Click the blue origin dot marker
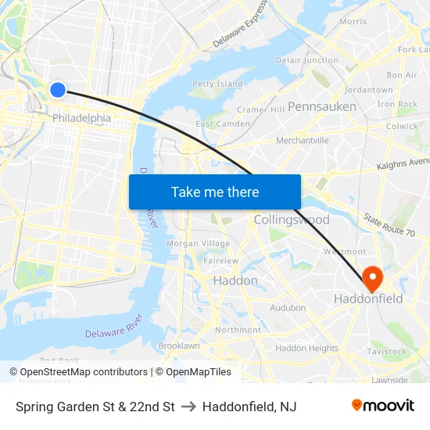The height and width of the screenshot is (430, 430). pyautogui.click(x=57, y=90)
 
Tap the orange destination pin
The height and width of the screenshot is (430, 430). pyautogui.click(x=371, y=276)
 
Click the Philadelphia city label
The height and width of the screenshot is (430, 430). pyautogui.click(x=81, y=118)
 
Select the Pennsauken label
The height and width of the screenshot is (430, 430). pyautogui.click(x=322, y=106)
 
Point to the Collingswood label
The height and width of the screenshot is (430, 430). pyautogui.click(x=292, y=220)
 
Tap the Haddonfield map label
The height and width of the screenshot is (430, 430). pyautogui.click(x=368, y=299)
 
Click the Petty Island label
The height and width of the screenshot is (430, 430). pyautogui.click(x=217, y=84)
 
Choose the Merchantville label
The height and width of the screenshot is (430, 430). pyautogui.click(x=303, y=141)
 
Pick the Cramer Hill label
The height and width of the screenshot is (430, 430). pyautogui.click(x=260, y=110)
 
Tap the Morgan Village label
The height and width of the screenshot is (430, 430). pyautogui.click(x=199, y=244)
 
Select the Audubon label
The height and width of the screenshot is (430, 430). pyautogui.click(x=288, y=308)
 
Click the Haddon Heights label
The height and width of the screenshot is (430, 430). pyautogui.click(x=306, y=348)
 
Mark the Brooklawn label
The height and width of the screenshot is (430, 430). pyautogui.click(x=179, y=346)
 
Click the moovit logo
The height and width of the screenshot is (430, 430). pyautogui.click(x=382, y=406)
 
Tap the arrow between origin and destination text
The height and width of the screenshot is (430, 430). pyautogui.click(x=188, y=407)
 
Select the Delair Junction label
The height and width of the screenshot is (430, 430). pyautogui.click(x=307, y=60)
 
